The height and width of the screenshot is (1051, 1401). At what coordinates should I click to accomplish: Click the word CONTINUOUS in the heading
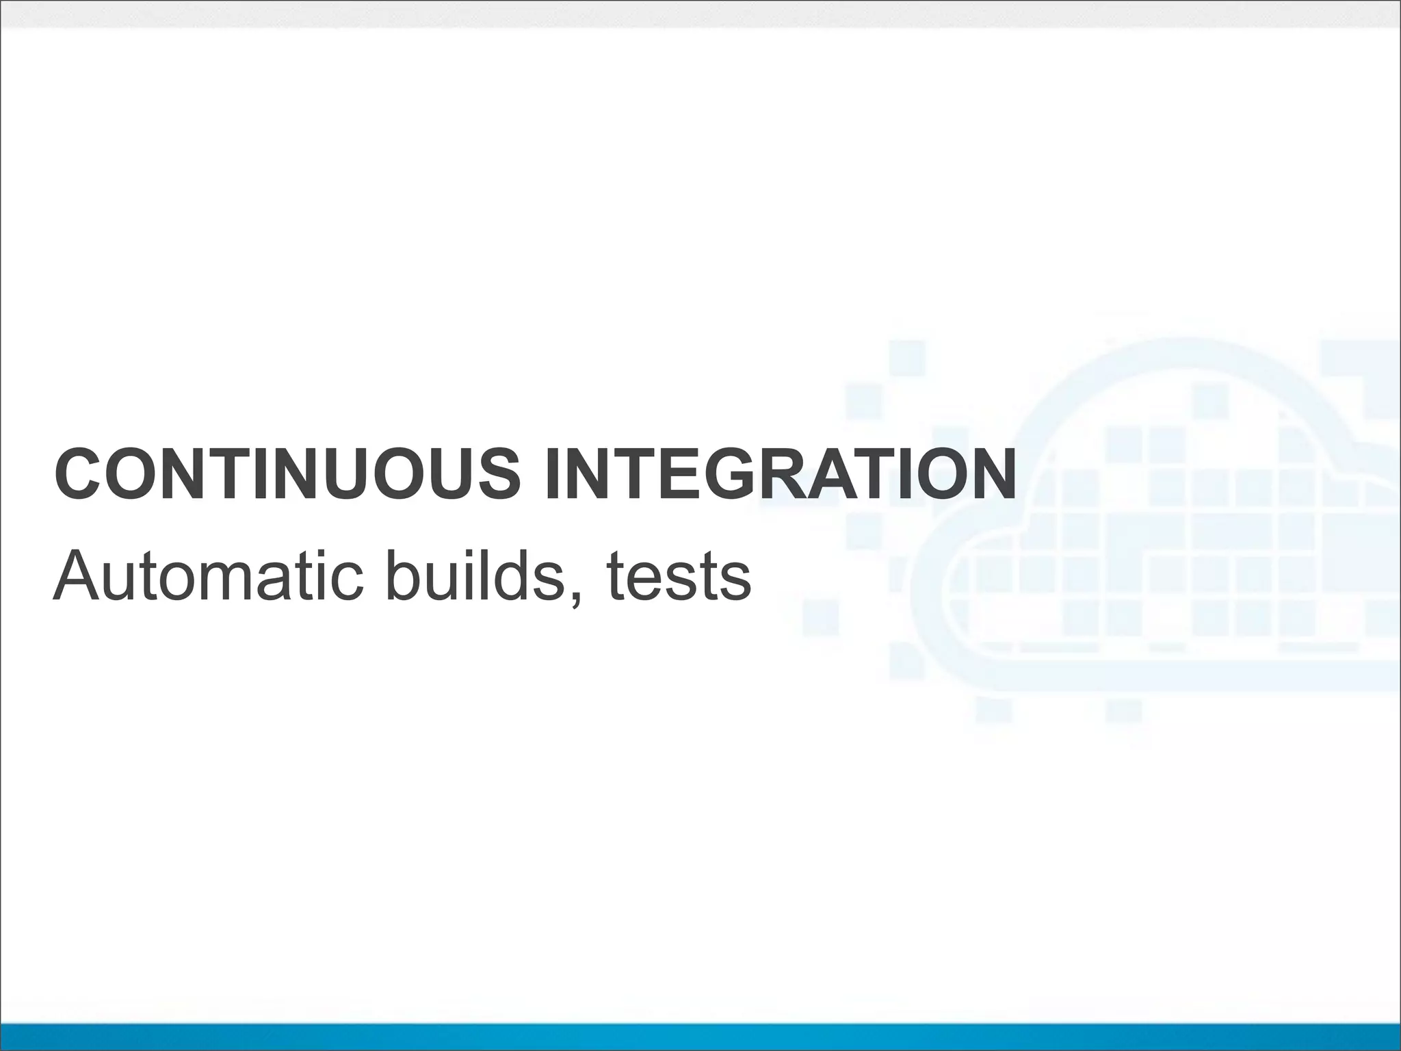tap(287, 474)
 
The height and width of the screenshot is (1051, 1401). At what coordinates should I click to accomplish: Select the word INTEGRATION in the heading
tap(779, 474)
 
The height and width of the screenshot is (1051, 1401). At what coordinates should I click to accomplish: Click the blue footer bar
tap(700, 1036)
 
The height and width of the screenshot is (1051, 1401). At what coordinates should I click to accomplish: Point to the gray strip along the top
tap(700, 14)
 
